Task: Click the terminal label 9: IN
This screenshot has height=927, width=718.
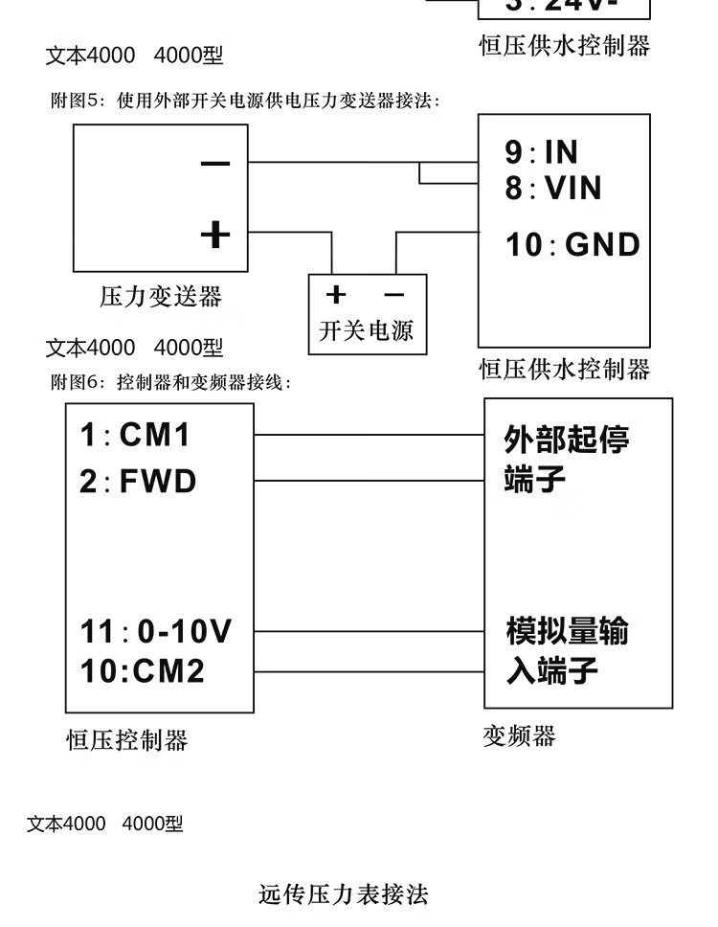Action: (542, 151)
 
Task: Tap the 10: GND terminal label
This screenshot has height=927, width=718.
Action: (572, 244)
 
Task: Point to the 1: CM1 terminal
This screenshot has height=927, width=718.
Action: (135, 436)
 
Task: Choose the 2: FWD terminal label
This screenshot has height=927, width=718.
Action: (138, 481)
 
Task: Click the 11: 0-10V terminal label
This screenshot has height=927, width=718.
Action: (155, 632)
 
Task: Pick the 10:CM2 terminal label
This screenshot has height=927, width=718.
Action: (142, 670)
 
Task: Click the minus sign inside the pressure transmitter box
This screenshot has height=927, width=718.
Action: (215, 164)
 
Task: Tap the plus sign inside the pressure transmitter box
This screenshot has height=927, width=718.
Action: (215, 233)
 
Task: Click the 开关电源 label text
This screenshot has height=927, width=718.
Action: (366, 331)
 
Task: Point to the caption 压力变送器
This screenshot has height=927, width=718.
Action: (161, 297)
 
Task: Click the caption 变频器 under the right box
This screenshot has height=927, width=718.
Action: (520, 735)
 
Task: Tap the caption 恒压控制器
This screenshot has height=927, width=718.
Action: (126, 740)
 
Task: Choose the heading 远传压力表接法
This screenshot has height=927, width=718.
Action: (344, 894)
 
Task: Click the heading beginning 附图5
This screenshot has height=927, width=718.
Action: (245, 101)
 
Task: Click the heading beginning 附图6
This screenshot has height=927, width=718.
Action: (168, 383)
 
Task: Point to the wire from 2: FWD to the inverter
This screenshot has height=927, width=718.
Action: (370, 481)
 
